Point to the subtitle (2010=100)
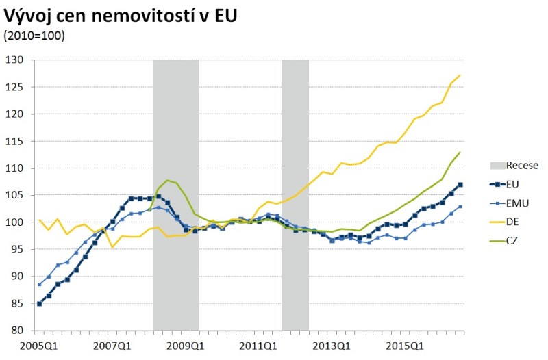coord(34,36)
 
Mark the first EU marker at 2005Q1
coord(40,303)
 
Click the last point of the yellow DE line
coord(460,75)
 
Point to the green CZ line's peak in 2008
coord(168,181)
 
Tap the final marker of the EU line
coord(460,185)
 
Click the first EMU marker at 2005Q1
coord(40,284)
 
